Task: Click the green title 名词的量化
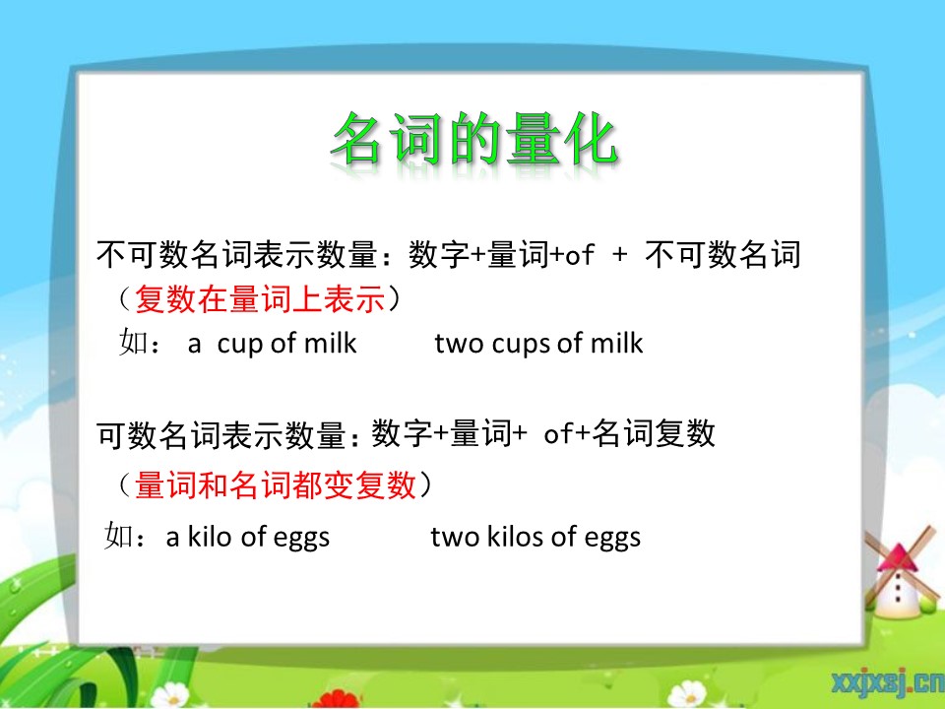point(474,139)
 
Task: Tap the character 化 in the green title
point(591,139)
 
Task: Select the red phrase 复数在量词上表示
point(260,299)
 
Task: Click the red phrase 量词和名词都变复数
point(276,484)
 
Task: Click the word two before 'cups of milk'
point(460,344)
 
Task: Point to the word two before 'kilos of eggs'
point(455,537)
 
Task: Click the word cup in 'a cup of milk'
point(240,345)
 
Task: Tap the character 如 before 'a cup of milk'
point(134,342)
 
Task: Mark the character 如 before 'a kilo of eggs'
point(119,535)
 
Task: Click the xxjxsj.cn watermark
point(888,681)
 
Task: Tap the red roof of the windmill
point(898,557)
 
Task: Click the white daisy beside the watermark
point(688,694)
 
